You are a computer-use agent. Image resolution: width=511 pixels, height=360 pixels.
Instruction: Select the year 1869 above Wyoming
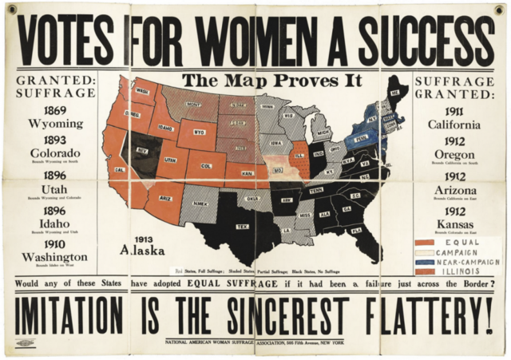[55, 111]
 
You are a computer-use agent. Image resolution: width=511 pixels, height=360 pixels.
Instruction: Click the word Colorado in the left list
[55, 152]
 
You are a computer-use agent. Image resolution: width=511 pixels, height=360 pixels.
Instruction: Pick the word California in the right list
[454, 125]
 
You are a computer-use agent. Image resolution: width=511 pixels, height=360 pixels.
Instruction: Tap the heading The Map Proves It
[271, 81]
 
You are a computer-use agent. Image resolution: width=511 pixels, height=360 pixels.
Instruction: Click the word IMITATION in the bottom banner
[70, 316]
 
